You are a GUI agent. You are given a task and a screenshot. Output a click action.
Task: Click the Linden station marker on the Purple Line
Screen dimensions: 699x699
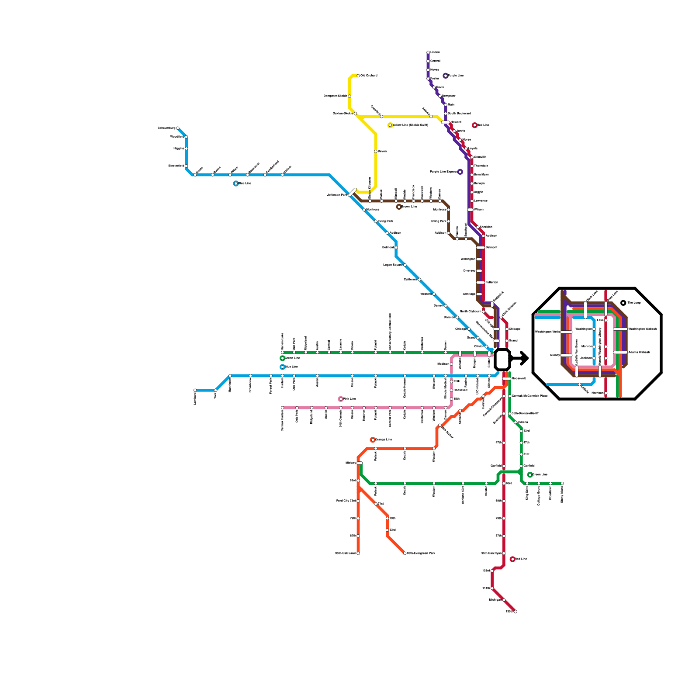coord(428,52)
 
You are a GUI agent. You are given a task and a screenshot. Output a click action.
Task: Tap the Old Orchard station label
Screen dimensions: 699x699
coord(369,76)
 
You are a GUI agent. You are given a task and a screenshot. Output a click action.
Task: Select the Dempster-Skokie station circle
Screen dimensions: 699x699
coord(349,96)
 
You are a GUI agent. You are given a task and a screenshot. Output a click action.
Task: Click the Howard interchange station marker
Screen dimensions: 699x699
coord(446,122)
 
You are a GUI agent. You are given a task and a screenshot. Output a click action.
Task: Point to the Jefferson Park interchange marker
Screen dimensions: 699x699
coord(353,192)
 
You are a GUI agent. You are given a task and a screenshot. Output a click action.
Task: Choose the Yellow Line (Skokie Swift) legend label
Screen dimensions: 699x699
coord(410,125)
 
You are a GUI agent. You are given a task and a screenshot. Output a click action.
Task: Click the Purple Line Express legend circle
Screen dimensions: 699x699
coord(460,172)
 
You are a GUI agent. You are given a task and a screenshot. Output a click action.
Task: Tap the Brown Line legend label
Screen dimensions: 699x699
coord(409,207)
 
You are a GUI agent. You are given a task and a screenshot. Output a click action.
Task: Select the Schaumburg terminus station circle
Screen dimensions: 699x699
coord(177,128)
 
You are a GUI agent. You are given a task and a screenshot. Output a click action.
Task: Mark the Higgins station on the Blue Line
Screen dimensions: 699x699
coord(187,149)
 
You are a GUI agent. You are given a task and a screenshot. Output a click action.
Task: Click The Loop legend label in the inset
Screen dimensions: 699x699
coord(634,303)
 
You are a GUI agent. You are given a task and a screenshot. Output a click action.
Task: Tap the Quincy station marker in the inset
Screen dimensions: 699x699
coord(567,355)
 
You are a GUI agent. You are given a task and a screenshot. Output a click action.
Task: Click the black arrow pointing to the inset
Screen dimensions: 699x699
coord(521,359)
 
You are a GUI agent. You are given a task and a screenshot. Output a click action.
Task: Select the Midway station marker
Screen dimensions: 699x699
coord(360,463)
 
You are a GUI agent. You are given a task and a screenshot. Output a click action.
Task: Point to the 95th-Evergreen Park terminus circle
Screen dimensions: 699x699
coord(405,554)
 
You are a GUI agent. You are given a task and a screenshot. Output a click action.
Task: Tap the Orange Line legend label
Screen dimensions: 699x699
coord(384,440)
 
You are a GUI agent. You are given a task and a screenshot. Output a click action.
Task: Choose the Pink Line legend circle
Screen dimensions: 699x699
coord(341,399)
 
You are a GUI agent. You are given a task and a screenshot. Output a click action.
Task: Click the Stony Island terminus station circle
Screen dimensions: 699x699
coord(562,484)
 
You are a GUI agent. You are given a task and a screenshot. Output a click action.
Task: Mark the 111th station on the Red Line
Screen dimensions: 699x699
coord(492,588)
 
